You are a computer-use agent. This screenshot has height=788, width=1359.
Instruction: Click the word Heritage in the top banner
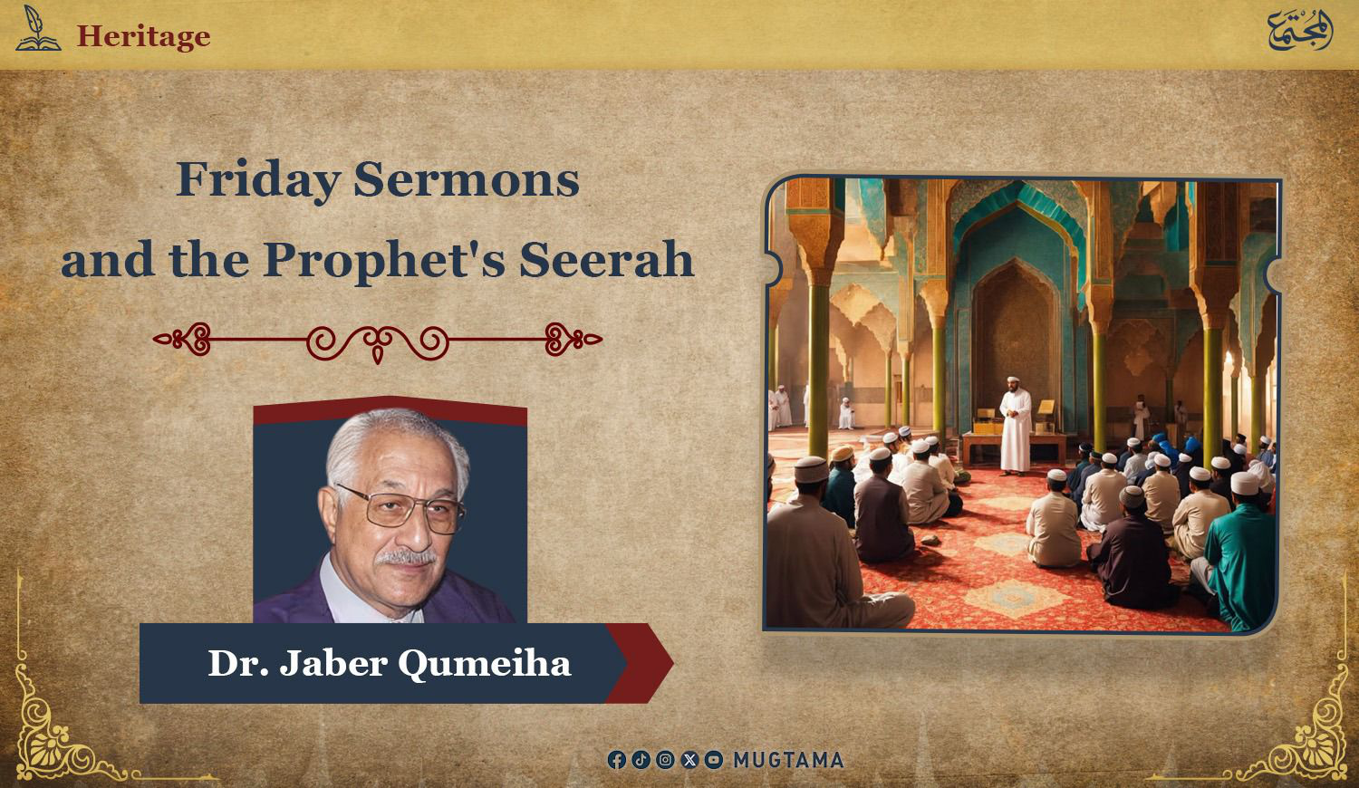[x=144, y=36]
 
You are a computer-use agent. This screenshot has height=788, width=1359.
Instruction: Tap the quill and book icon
[x=38, y=28]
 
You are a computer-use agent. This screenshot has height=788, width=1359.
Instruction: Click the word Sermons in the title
[x=467, y=179]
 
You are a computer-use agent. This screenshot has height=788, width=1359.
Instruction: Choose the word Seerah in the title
[x=607, y=260]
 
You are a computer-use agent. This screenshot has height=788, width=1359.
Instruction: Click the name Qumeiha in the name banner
[x=484, y=664]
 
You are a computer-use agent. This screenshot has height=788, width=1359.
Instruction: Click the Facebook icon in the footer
[x=616, y=760]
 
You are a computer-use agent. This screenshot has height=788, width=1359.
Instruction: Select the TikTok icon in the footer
[x=641, y=760]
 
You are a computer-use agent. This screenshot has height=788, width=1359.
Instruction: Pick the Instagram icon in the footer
[x=665, y=760]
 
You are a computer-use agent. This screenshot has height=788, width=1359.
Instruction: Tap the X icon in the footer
[x=689, y=760]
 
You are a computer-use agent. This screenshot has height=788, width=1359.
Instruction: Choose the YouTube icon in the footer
[x=714, y=760]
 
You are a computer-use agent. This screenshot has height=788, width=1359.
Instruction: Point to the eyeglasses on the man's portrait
[x=400, y=510]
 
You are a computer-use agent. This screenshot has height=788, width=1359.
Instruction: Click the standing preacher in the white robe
[x=1015, y=425]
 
